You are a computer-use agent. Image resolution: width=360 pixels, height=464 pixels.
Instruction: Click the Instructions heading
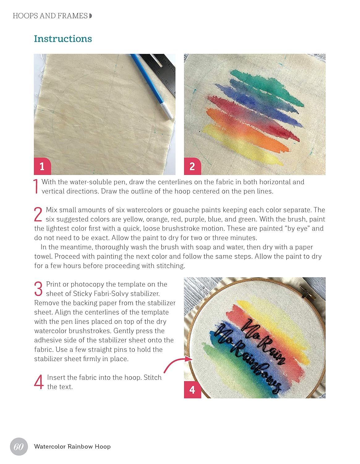63,39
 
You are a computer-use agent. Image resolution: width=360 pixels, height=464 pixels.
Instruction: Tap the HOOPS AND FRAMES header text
50,16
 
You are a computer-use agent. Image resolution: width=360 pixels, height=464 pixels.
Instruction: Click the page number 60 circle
19,446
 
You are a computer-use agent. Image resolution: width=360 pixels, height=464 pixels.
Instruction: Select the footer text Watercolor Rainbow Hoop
72,446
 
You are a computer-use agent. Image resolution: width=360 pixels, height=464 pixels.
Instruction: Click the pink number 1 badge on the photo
42,166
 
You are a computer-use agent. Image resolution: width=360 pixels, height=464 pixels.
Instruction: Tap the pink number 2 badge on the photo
193,166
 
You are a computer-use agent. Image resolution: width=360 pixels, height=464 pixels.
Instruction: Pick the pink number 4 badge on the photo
193,390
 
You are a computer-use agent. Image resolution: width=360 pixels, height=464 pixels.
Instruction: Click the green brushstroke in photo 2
267,88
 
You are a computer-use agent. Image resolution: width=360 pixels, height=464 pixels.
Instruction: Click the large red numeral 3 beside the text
38,289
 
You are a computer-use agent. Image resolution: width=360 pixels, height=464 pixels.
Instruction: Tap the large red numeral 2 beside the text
38,214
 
